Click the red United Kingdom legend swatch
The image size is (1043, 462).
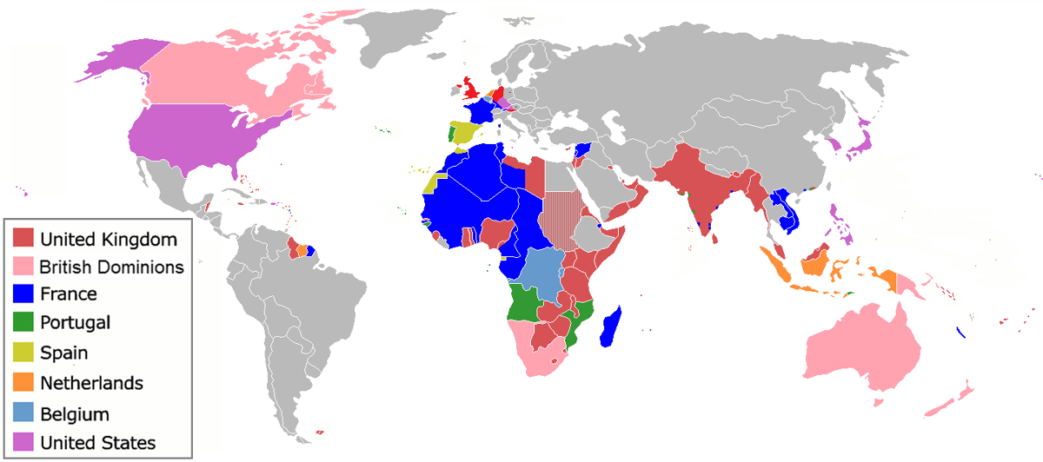(23, 238)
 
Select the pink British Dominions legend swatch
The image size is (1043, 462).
(23, 267)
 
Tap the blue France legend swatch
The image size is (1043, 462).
(23, 295)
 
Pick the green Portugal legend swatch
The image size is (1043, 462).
(23, 324)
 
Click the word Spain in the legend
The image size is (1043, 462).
(64, 353)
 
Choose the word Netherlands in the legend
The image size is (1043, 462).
(91, 383)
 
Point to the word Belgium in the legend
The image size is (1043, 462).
(75, 414)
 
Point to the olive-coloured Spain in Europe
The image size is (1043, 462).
(465, 134)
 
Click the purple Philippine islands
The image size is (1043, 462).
(840, 221)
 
